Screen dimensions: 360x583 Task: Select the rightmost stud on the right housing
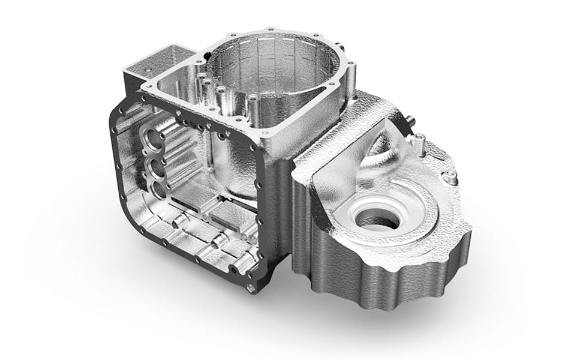(x=450, y=177)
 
